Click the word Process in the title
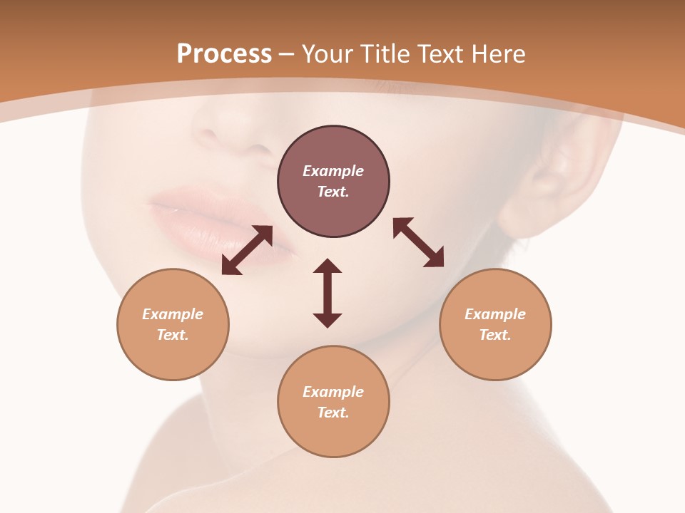[x=224, y=54]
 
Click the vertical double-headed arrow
[x=328, y=293]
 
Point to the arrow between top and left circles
[x=247, y=250]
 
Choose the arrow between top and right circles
[x=419, y=242]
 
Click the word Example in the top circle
[x=333, y=171]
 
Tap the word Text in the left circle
[x=173, y=335]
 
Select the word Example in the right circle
[x=495, y=314]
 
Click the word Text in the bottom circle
[x=333, y=413]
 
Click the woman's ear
[x=564, y=171]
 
